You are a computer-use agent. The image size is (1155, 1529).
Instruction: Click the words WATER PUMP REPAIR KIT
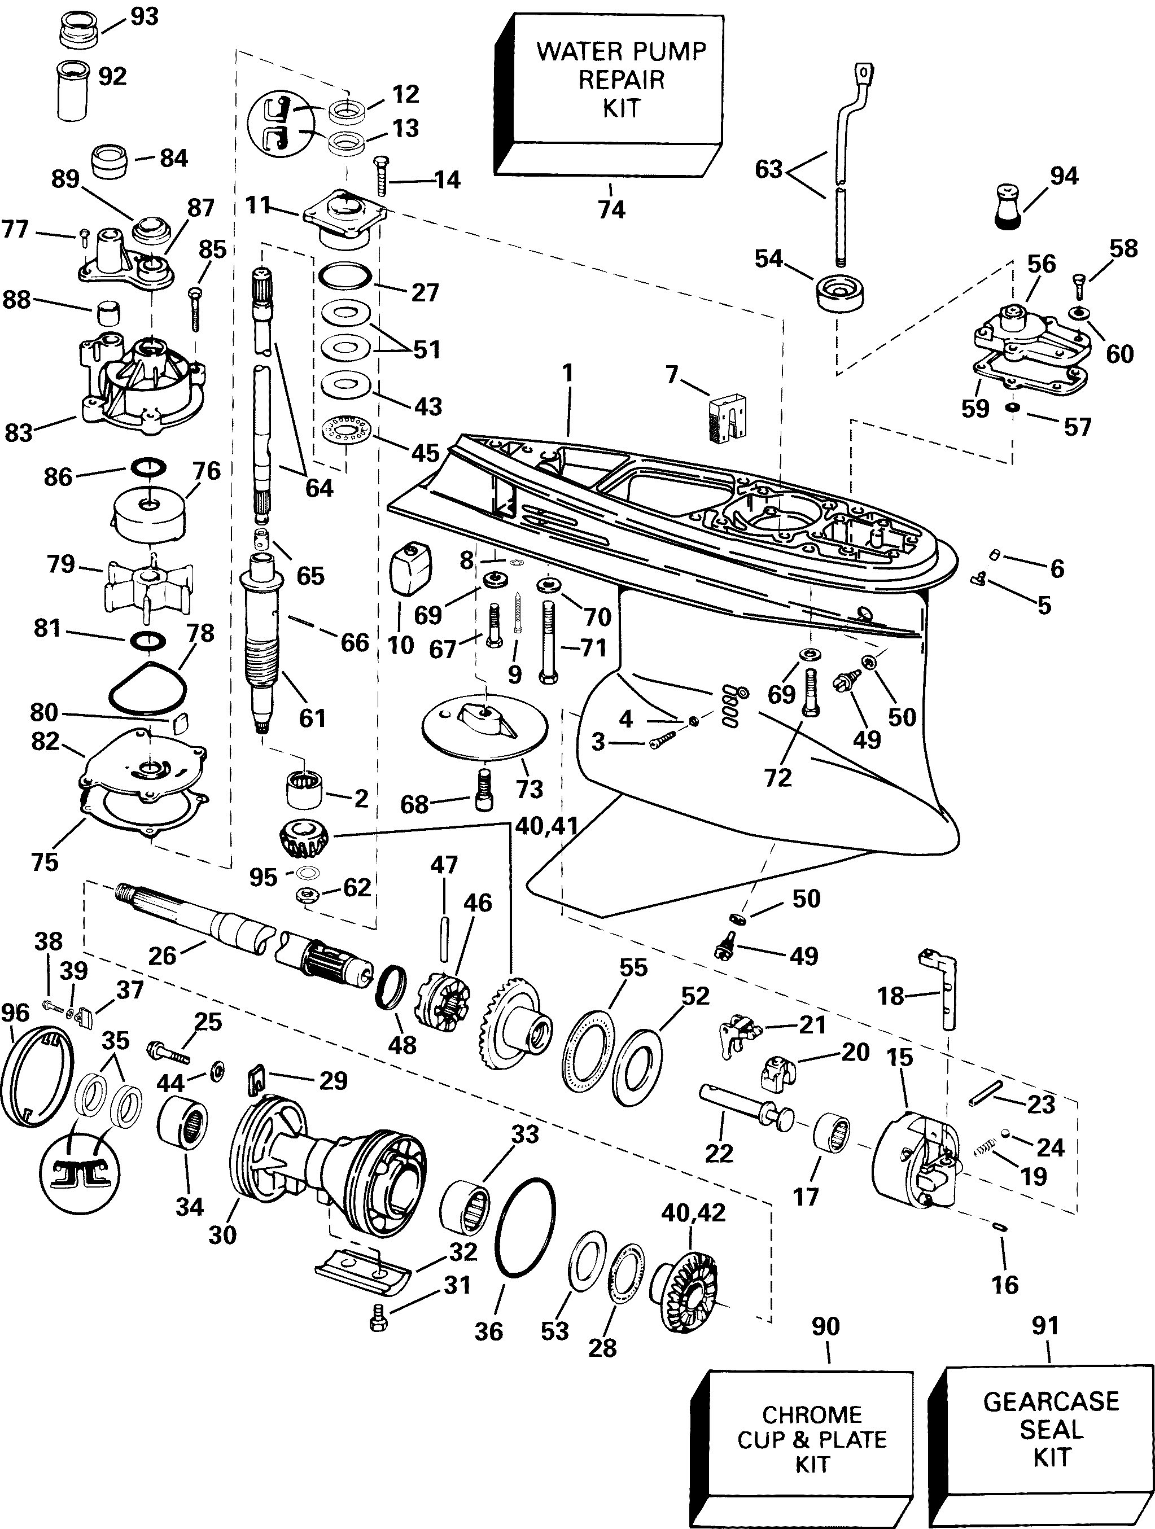(x=622, y=79)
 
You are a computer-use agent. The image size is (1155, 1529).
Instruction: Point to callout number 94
(x=1064, y=176)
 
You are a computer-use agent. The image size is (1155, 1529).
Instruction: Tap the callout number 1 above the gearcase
(x=567, y=373)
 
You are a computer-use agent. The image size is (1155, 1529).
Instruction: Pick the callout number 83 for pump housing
(x=18, y=433)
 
